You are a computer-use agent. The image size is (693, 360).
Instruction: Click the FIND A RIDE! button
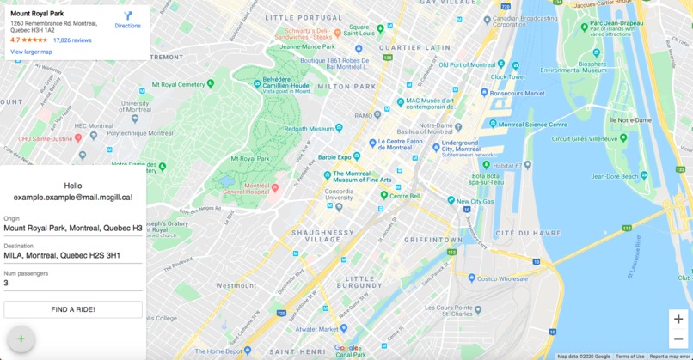pyautogui.click(x=73, y=309)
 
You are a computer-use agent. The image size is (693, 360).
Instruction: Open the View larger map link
pyautogui.click(x=31, y=52)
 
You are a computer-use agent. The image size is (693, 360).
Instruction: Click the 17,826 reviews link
pyautogui.click(x=72, y=40)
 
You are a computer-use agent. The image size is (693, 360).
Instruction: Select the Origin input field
pyautogui.click(x=73, y=228)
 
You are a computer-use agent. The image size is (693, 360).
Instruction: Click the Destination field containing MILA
pyautogui.click(x=73, y=255)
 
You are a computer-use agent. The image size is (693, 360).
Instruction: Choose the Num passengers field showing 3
pyautogui.click(x=73, y=283)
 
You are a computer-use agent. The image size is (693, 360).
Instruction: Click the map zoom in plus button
pyautogui.click(x=678, y=319)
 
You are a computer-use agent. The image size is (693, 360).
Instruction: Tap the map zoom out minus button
pyautogui.click(x=678, y=339)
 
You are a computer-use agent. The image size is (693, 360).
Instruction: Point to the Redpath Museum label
pyautogui.click(x=309, y=128)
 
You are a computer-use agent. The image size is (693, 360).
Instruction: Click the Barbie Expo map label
pyautogui.click(x=340, y=157)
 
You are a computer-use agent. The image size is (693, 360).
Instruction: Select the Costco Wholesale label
pyautogui.click(x=502, y=278)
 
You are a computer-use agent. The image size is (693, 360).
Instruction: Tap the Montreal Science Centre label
pyautogui.click(x=528, y=124)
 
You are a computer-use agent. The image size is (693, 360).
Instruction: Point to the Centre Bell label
pyautogui.click(x=404, y=196)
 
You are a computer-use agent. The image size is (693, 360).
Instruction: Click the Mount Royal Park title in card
pyautogui.click(x=37, y=14)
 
